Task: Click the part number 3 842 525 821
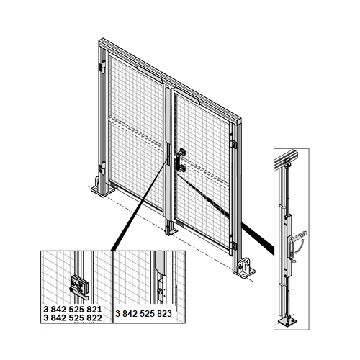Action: click(x=73, y=309)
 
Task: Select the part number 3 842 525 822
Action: click(x=73, y=318)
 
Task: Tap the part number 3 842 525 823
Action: click(x=143, y=314)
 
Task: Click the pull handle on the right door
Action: click(x=181, y=161)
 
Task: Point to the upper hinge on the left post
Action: click(x=102, y=67)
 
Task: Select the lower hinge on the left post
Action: click(x=102, y=168)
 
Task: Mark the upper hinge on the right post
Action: click(x=233, y=142)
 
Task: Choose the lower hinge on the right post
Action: click(x=233, y=243)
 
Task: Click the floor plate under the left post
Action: click(x=103, y=190)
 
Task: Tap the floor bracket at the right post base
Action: click(x=244, y=268)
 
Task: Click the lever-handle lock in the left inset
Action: click(x=79, y=287)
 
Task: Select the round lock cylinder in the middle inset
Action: click(x=160, y=292)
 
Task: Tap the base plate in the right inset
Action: click(x=287, y=322)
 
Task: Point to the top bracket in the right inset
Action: click(x=287, y=163)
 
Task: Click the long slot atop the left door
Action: click(x=149, y=74)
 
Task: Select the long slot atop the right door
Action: click(x=186, y=96)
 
